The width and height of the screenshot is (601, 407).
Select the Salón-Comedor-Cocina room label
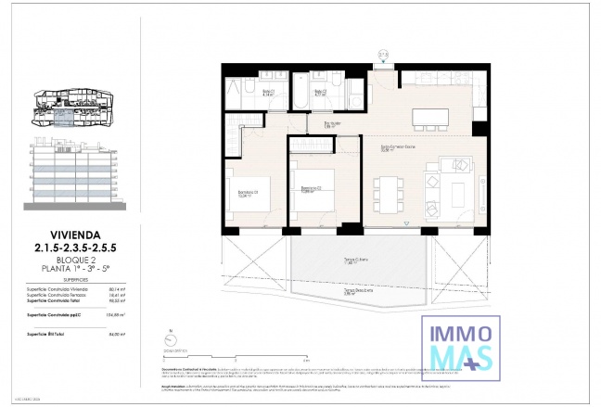[x=397, y=147]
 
